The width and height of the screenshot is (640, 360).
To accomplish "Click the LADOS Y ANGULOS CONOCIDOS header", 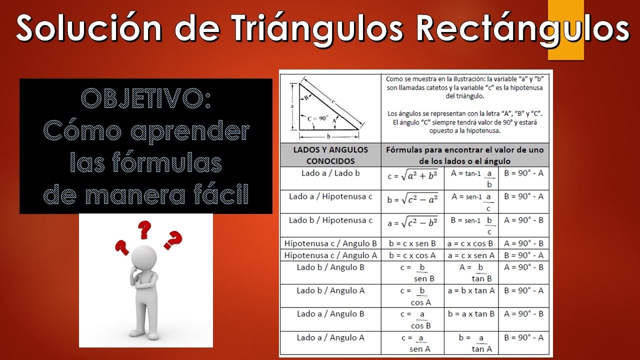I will tap(330, 155).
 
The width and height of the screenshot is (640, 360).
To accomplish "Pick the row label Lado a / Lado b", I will tap(330, 173).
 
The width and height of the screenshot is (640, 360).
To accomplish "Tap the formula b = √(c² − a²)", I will tap(412, 200).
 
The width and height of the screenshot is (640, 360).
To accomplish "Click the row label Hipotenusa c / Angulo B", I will tap(330, 243).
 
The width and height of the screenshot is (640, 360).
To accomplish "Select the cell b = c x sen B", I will tap(412, 243).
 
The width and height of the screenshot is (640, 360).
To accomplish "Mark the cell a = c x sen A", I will tap(470, 255).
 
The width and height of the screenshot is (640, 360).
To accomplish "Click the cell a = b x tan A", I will tap(470, 290).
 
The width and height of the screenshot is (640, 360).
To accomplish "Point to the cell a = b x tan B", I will tap(470, 314).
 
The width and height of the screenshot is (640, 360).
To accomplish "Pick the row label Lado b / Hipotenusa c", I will tap(330, 220).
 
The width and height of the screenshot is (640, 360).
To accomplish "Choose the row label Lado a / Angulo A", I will tap(330, 337).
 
